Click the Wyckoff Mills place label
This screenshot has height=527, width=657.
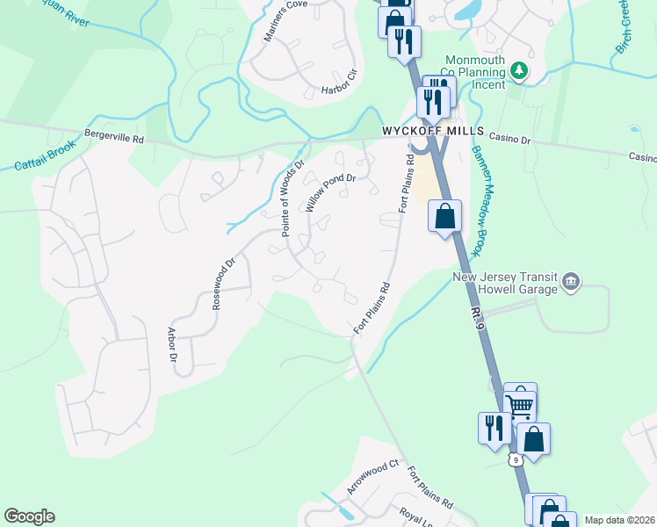click(x=433, y=130)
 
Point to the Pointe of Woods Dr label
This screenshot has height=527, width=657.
click(x=292, y=198)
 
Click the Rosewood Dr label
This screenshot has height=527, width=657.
click(x=224, y=283)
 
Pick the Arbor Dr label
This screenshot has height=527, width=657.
click(x=172, y=345)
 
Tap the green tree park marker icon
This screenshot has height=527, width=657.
click(x=520, y=69)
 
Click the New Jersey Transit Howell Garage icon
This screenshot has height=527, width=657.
click(x=572, y=281)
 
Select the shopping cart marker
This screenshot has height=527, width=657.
click(x=520, y=403)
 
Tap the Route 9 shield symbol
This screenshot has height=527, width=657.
click(x=516, y=458)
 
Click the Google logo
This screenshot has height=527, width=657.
click(x=29, y=516)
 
